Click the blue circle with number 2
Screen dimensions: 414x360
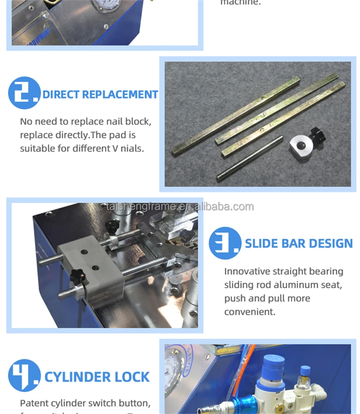pyautogui.click(x=24, y=93)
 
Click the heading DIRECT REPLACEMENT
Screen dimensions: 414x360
pyautogui.click(x=100, y=94)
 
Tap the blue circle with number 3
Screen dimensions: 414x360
pyautogui.click(x=225, y=243)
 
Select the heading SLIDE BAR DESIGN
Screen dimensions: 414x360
pyautogui.click(x=299, y=243)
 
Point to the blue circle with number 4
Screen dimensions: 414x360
pyautogui.click(x=24, y=376)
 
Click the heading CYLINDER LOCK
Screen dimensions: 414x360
pyautogui.click(x=97, y=377)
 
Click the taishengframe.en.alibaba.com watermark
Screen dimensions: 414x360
pyautogui.click(x=180, y=207)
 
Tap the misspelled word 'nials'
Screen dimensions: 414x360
pyautogui.click(x=133, y=149)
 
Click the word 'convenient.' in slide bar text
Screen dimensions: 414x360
pyautogui.click(x=250, y=312)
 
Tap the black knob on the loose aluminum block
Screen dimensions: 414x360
pyautogui.click(x=317, y=134)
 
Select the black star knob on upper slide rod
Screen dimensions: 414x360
pyautogui.click(x=112, y=226)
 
